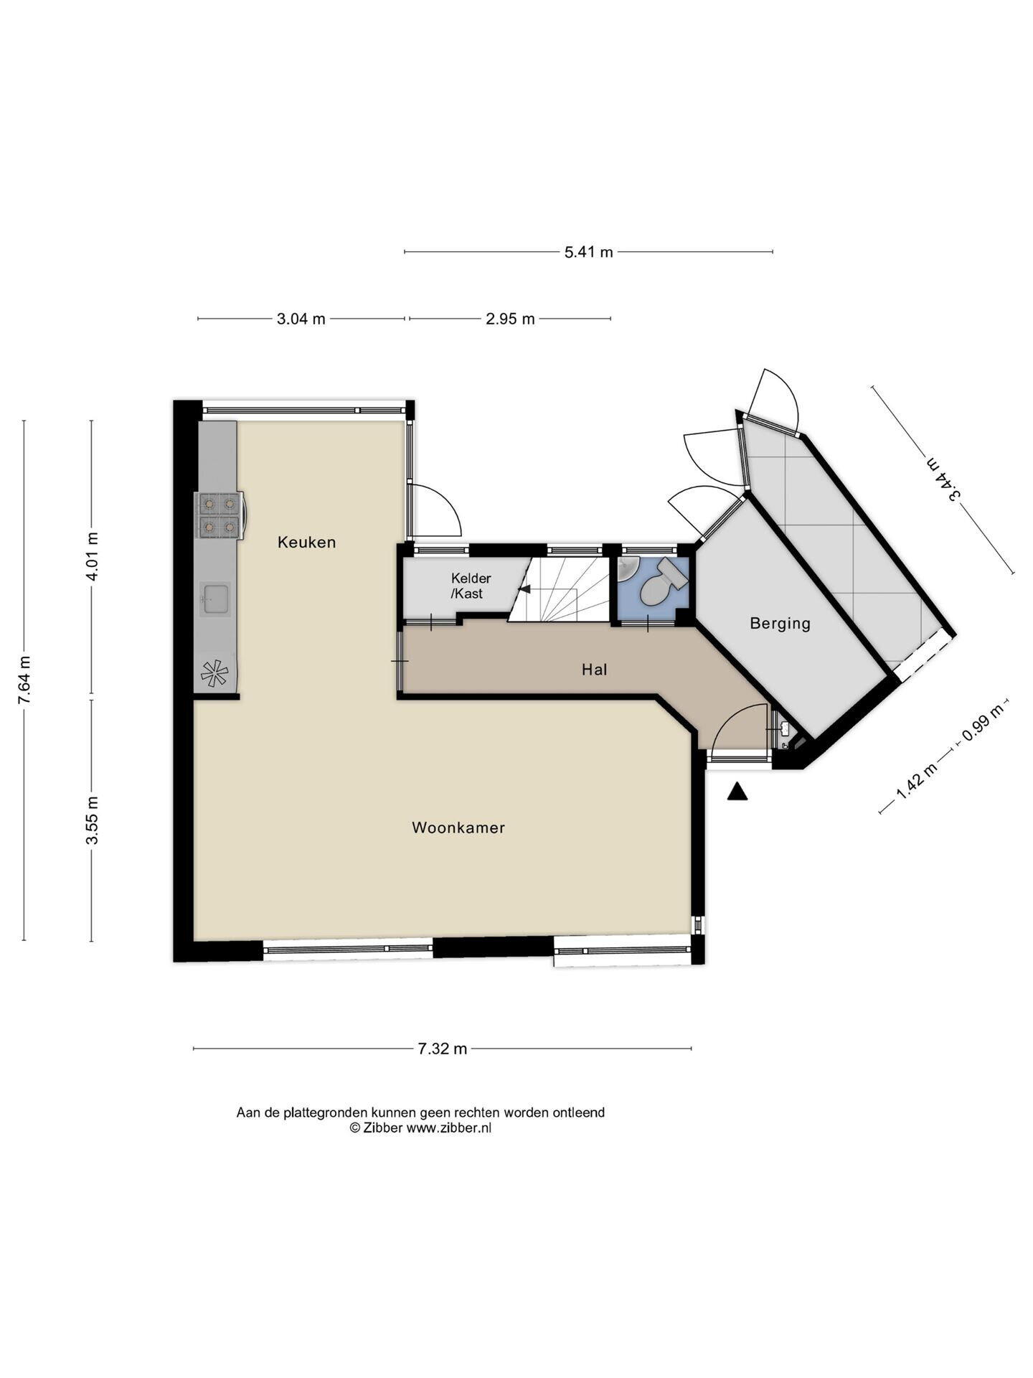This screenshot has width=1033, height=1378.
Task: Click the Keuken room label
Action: [306, 543]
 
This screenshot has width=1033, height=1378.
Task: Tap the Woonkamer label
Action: [458, 828]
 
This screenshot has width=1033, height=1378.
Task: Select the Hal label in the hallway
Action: [595, 670]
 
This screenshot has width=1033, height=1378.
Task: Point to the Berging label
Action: [780, 623]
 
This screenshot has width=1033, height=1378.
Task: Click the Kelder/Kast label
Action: [471, 586]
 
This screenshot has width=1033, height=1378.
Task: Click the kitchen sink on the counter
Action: [215, 599]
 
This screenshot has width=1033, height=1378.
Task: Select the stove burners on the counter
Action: [219, 515]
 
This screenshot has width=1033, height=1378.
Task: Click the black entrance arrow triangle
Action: [737, 792]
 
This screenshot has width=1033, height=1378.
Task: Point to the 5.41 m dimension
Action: [588, 252]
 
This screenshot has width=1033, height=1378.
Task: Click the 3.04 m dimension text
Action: [301, 319]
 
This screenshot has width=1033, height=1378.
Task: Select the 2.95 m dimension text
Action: [510, 319]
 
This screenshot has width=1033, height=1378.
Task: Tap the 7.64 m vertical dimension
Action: [24, 680]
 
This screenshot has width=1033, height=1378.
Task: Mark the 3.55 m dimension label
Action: [91, 821]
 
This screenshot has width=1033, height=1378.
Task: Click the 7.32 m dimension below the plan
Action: [443, 1049]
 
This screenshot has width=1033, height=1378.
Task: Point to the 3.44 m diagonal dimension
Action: [943, 479]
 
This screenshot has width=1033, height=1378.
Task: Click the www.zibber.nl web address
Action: [449, 1128]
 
